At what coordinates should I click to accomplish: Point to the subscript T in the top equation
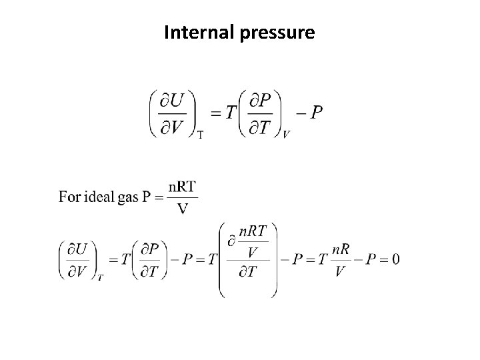pyautogui.click(x=200, y=134)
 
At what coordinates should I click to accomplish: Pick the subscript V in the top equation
pyautogui.click(x=286, y=134)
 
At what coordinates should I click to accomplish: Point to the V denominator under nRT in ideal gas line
pyautogui.click(x=182, y=208)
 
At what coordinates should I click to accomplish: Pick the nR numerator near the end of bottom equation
pyautogui.click(x=340, y=249)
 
